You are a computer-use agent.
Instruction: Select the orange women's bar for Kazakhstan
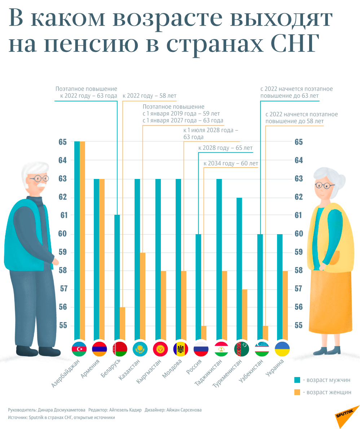143,296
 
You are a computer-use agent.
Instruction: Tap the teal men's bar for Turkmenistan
240,269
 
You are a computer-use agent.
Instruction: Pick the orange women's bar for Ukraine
285,305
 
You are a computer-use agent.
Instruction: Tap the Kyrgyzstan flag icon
161,349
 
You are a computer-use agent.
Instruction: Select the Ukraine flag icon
282,349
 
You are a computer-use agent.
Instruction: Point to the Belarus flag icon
120,349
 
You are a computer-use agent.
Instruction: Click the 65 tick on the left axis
62,142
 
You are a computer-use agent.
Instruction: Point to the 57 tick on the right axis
298,289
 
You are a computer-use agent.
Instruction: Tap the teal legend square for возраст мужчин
297,380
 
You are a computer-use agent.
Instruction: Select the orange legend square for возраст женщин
297,392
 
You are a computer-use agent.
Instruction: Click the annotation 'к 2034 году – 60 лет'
231,163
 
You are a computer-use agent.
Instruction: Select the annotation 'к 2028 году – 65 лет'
225,148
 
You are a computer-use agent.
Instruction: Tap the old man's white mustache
41,186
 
